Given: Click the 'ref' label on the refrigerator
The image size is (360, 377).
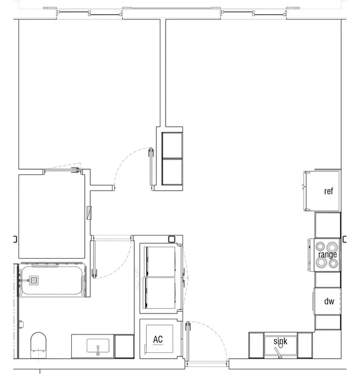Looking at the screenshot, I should (x=329, y=191).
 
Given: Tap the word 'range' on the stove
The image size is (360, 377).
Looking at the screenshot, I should (x=328, y=254).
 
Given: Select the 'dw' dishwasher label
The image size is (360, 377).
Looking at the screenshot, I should (x=329, y=302).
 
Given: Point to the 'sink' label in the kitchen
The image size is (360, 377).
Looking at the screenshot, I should (x=280, y=341).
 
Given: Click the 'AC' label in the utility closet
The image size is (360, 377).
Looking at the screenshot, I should (x=158, y=339).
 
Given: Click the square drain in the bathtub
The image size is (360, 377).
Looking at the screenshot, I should (x=35, y=280).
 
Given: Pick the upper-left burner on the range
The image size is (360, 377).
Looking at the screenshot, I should (x=321, y=247).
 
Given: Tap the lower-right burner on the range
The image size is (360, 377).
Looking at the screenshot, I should (x=334, y=263).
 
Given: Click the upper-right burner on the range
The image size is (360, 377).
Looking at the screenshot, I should (x=334, y=247).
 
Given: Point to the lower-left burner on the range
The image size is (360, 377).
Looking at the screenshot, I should (x=321, y=263).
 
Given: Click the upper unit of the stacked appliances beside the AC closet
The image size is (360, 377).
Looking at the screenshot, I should (x=160, y=261).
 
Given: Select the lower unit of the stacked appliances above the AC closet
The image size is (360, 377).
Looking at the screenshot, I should (x=160, y=292).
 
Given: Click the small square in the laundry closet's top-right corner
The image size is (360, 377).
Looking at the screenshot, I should (x=172, y=240).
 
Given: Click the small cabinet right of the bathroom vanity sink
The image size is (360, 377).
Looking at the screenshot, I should (x=124, y=346).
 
